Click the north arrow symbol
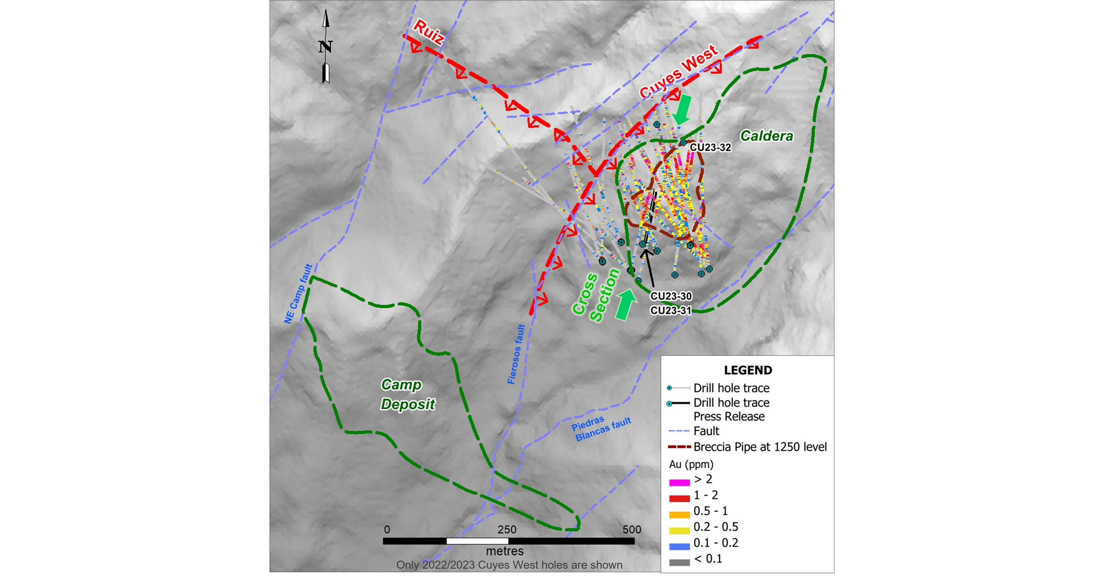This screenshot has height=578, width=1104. [x=326, y=46]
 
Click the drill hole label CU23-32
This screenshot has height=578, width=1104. [x=710, y=148]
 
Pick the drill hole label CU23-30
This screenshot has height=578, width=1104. [x=671, y=296]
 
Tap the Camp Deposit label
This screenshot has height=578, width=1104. [x=407, y=394]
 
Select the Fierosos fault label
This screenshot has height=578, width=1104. [x=516, y=354]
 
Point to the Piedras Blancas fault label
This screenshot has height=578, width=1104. [x=601, y=428]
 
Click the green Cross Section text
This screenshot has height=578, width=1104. [x=596, y=296]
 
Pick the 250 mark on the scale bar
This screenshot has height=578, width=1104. [x=507, y=530]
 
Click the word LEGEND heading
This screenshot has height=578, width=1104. [x=748, y=370]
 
